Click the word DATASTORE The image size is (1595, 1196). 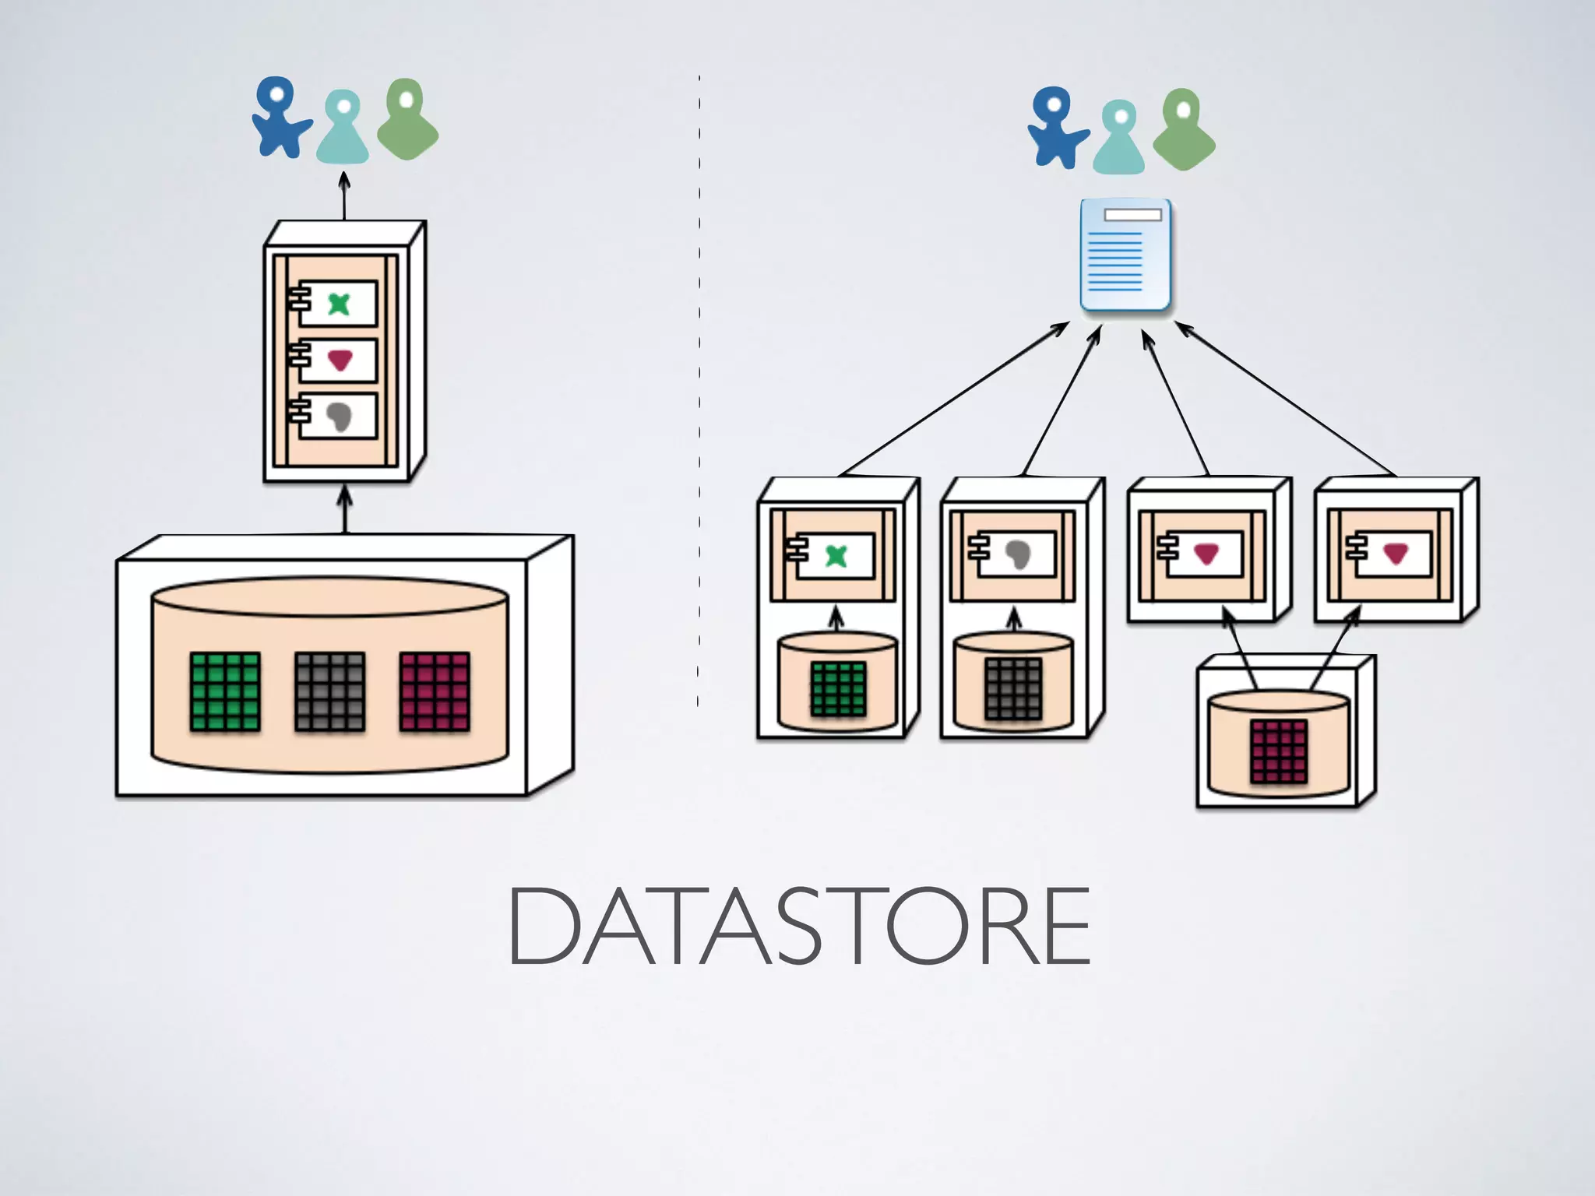[799, 927]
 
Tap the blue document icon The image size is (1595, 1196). [1125, 256]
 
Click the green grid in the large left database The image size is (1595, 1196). [225, 691]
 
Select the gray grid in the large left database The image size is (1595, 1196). [329, 691]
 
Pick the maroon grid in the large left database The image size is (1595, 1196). [435, 691]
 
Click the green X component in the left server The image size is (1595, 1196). [338, 304]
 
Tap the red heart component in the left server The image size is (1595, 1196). [339, 360]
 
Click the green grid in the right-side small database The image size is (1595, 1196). [838, 688]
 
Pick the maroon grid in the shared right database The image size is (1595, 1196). [1278, 751]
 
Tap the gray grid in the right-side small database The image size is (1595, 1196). [1012, 688]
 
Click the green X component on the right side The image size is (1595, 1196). [835, 556]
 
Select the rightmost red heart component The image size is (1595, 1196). [1394, 554]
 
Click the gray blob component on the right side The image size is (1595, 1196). [1016, 554]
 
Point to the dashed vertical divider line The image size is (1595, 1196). [699, 389]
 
